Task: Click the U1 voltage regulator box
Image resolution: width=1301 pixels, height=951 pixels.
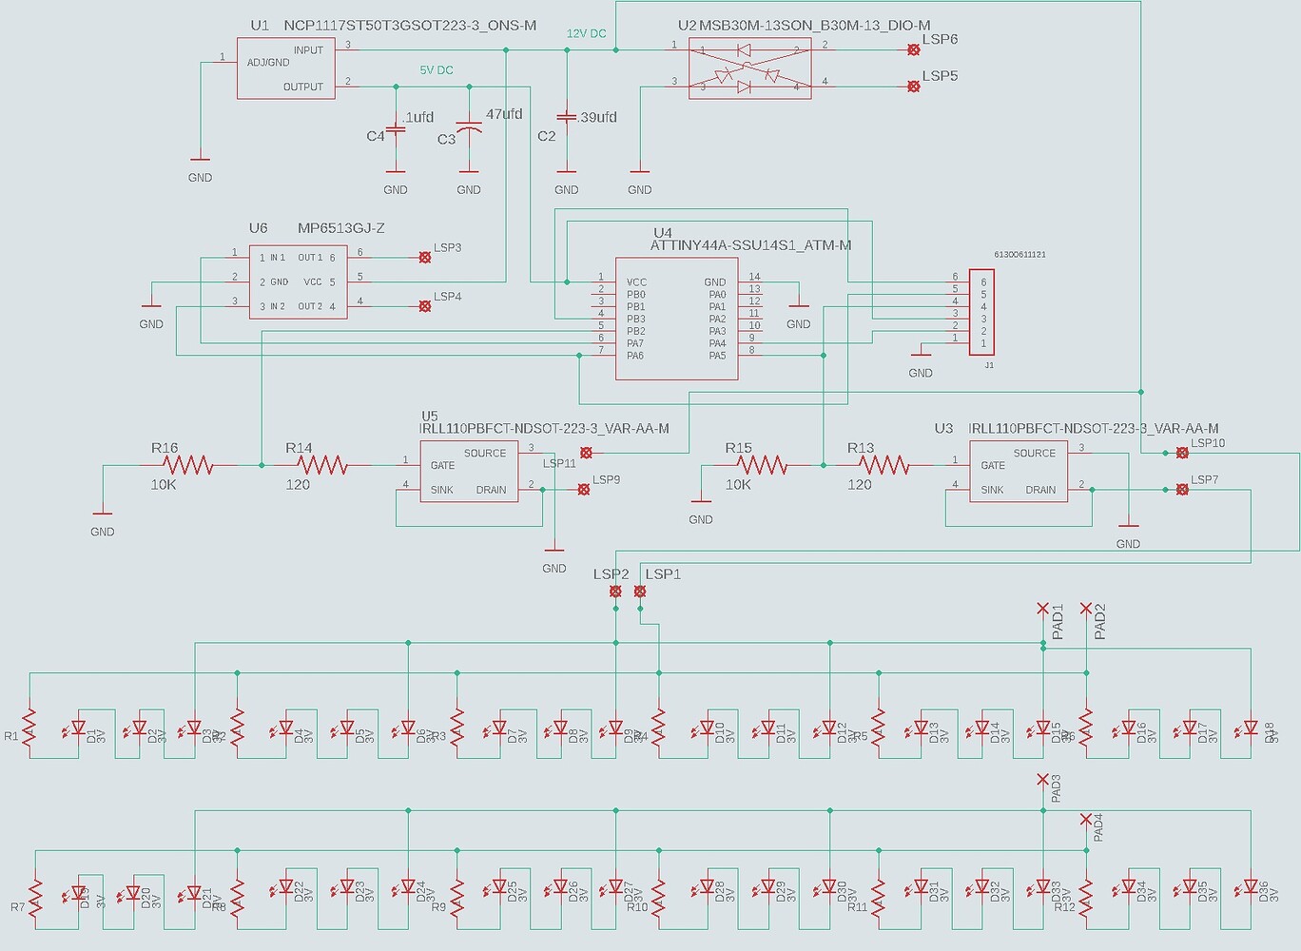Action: click(285, 68)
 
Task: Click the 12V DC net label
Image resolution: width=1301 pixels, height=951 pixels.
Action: click(586, 33)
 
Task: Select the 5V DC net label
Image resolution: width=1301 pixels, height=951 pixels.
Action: click(437, 70)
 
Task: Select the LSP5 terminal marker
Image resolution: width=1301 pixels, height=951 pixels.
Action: click(914, 87)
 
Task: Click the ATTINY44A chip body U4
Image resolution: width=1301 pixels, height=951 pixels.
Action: click(676, 319)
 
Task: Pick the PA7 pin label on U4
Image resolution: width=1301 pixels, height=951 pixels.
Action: click(635, 343)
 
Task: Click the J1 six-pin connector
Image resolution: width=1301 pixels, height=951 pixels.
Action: click(981, 312)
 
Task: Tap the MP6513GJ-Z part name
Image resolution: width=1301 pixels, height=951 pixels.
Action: click(341, 228)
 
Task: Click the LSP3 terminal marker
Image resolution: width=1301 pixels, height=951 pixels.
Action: click(425, 257)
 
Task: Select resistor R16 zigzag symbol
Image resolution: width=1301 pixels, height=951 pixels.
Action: click(188, 465)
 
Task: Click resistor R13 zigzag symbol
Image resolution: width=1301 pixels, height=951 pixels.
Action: click(884, 465)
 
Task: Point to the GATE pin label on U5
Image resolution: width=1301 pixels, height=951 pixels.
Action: click(442, 465)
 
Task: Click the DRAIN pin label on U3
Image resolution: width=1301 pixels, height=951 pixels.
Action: click(1040, 490)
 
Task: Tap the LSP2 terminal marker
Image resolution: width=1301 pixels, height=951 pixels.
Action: click(615, 592)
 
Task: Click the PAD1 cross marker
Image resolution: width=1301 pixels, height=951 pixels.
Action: click(1043, 609)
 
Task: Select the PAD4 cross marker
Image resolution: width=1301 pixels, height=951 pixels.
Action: click(1086, 819)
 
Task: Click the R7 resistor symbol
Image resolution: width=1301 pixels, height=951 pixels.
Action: click(36, 899)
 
